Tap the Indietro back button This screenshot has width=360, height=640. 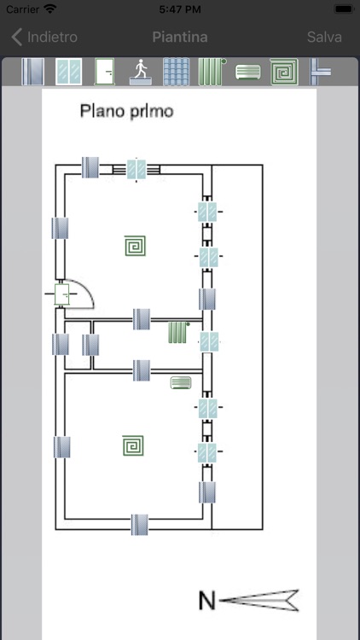coord(44,37)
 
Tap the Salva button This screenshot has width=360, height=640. coord(324,37)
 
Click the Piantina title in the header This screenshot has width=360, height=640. coord(179,37)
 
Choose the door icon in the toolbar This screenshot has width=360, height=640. coord(104,71)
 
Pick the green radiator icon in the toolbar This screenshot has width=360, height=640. coord(212,71)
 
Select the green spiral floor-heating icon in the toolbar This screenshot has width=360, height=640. coord(282,71)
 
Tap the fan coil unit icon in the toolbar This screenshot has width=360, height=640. coord(247,71)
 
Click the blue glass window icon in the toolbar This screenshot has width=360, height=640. coord(68,71)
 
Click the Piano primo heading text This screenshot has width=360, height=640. coord(125,111)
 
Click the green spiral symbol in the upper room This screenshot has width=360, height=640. coord(135,247)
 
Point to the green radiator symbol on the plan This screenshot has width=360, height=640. coord(177,332)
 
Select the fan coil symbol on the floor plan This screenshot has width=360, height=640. coord(181,382)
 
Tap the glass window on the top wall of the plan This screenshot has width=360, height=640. coord(136,168)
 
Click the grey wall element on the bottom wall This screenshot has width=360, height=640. coord(140,524)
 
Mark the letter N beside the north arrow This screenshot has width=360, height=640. coord(206,601)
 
